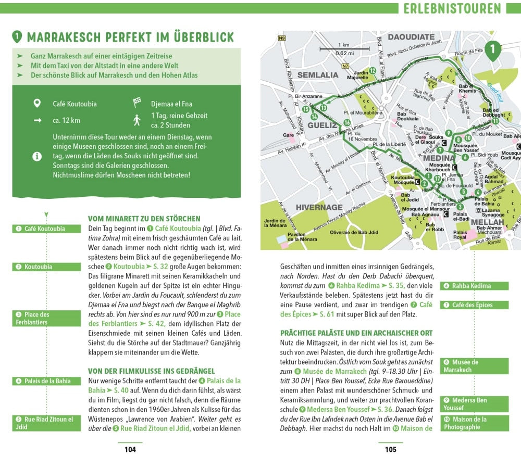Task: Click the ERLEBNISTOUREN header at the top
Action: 452,8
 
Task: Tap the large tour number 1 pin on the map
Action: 492,49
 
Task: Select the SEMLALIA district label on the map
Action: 318,75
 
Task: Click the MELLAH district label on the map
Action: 472,222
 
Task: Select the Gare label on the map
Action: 288,135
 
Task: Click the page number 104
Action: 130,449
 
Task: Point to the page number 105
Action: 390,449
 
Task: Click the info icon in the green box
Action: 37,156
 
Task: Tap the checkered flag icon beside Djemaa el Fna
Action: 138,103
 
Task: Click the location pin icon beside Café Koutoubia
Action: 37,104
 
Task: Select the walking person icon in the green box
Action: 137,120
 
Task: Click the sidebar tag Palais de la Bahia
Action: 47,381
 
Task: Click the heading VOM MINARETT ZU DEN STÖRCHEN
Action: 144,219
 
